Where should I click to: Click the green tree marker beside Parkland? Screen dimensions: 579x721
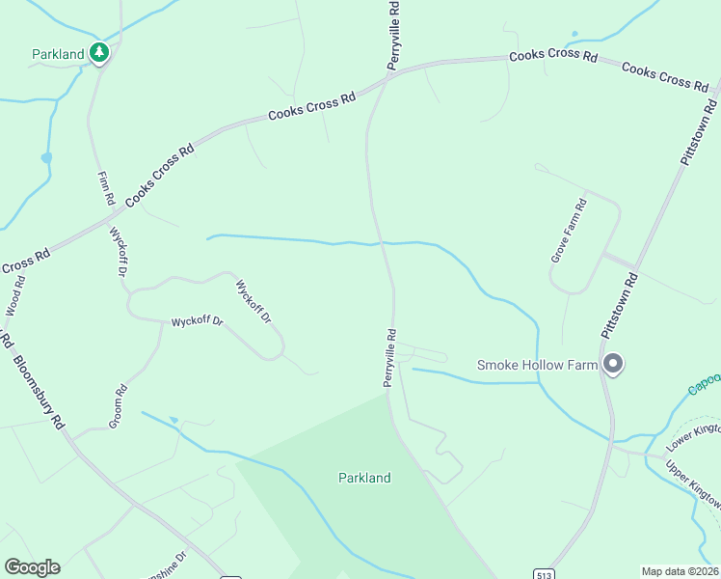coord(98,52)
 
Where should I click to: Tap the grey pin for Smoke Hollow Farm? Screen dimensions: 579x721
coord(613,364)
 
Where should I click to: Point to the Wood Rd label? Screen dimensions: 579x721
coord(14,295)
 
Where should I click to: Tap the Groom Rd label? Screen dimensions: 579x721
coord(118,406)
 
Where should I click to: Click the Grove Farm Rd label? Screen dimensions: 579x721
coord(568,232)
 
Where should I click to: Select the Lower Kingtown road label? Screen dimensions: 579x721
coord(695,435)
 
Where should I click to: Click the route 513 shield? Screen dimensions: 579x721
coord(545,570)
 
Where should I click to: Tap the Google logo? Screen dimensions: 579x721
coord(32,566)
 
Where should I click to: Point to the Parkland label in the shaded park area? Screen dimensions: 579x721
coord(364,478)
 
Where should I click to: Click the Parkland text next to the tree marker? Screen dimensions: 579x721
coord(58,54)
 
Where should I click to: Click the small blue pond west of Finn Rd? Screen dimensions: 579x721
coord(46,157)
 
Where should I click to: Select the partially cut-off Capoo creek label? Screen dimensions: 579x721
coord(705,384)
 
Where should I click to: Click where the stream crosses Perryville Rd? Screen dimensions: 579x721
coord(382,242)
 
